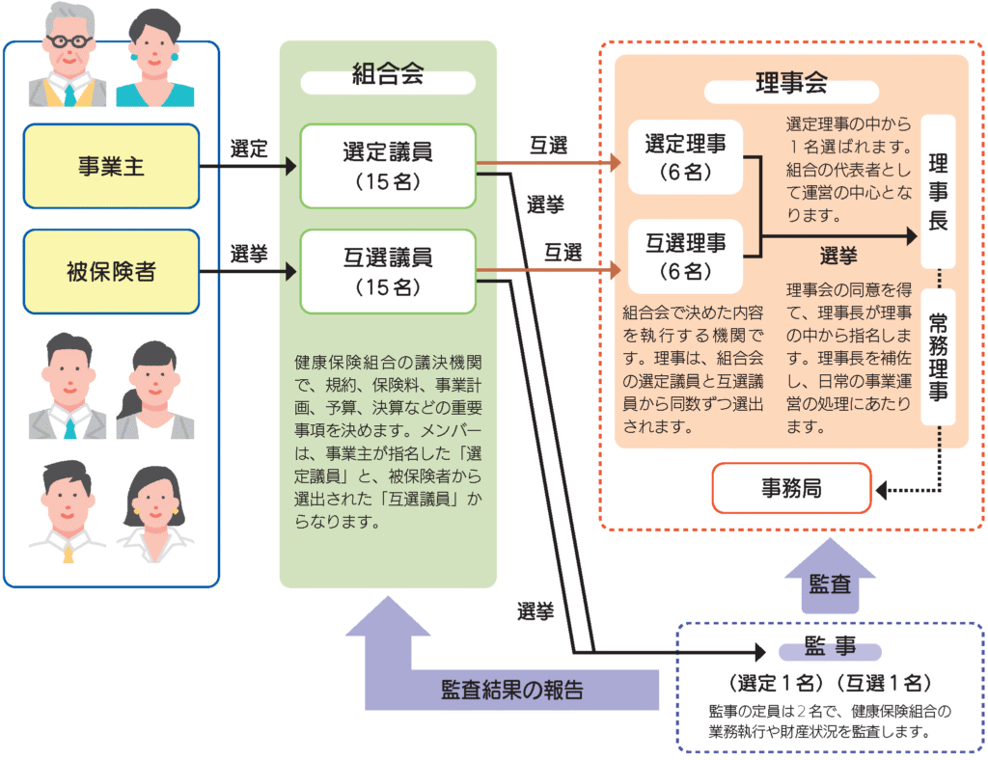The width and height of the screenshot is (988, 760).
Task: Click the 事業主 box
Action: (111, 167)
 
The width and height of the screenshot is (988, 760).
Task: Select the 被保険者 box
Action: (111, 272)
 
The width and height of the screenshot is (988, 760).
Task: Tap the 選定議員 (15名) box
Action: (388, 166)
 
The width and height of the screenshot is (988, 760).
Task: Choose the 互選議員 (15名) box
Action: (388, 271)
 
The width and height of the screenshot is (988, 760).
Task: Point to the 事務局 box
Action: (791, 489)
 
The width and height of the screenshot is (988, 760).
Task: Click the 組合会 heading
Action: (388, 78)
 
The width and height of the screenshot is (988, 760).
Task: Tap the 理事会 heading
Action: (791, 84)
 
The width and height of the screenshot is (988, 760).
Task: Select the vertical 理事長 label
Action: (938, 191)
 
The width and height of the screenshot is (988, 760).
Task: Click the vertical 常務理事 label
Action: (938, 357)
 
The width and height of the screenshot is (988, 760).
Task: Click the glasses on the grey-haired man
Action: (69, 42)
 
